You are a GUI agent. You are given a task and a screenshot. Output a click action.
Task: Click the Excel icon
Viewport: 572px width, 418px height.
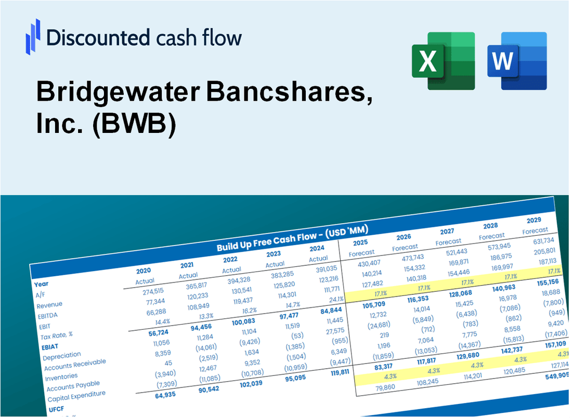tap(443, 60)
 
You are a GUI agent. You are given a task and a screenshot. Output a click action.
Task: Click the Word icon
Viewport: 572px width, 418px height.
tap(517, 60)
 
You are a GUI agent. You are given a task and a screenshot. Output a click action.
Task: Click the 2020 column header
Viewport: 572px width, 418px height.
tap(144, 271)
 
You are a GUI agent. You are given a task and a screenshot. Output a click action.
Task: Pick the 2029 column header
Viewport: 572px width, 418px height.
tap(534, 220)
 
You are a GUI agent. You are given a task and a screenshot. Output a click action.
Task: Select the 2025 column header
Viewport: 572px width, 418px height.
tap(360, 242)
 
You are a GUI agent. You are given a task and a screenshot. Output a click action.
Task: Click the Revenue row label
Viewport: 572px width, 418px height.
tap(49, 305)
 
